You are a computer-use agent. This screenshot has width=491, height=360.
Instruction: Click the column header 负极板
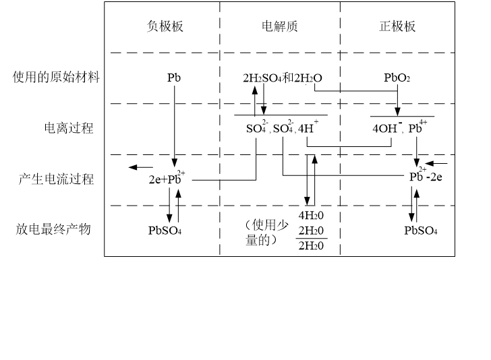[x=165, y=27]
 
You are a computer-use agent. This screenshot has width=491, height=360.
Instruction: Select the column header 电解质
[x=279, y=27]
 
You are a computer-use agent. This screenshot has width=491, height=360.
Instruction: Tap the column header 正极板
[x=397, y=27]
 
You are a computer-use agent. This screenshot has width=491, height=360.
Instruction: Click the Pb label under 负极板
[x=174, y=78]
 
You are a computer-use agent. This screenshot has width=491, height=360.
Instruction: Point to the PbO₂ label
[x=397, y=78]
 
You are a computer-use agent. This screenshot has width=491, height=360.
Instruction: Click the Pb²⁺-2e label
[x=425, y=177]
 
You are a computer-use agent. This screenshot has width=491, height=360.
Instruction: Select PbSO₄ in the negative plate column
[x=165, y=231]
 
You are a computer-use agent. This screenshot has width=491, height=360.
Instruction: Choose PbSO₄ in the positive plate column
[x=421, y=231]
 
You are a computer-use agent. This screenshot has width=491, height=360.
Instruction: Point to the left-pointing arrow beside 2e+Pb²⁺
[x=140, y=167]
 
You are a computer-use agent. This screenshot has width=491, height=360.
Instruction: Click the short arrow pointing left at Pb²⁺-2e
[x=437, y=163]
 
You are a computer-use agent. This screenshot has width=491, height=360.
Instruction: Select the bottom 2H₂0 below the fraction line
[x=311, y=246]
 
